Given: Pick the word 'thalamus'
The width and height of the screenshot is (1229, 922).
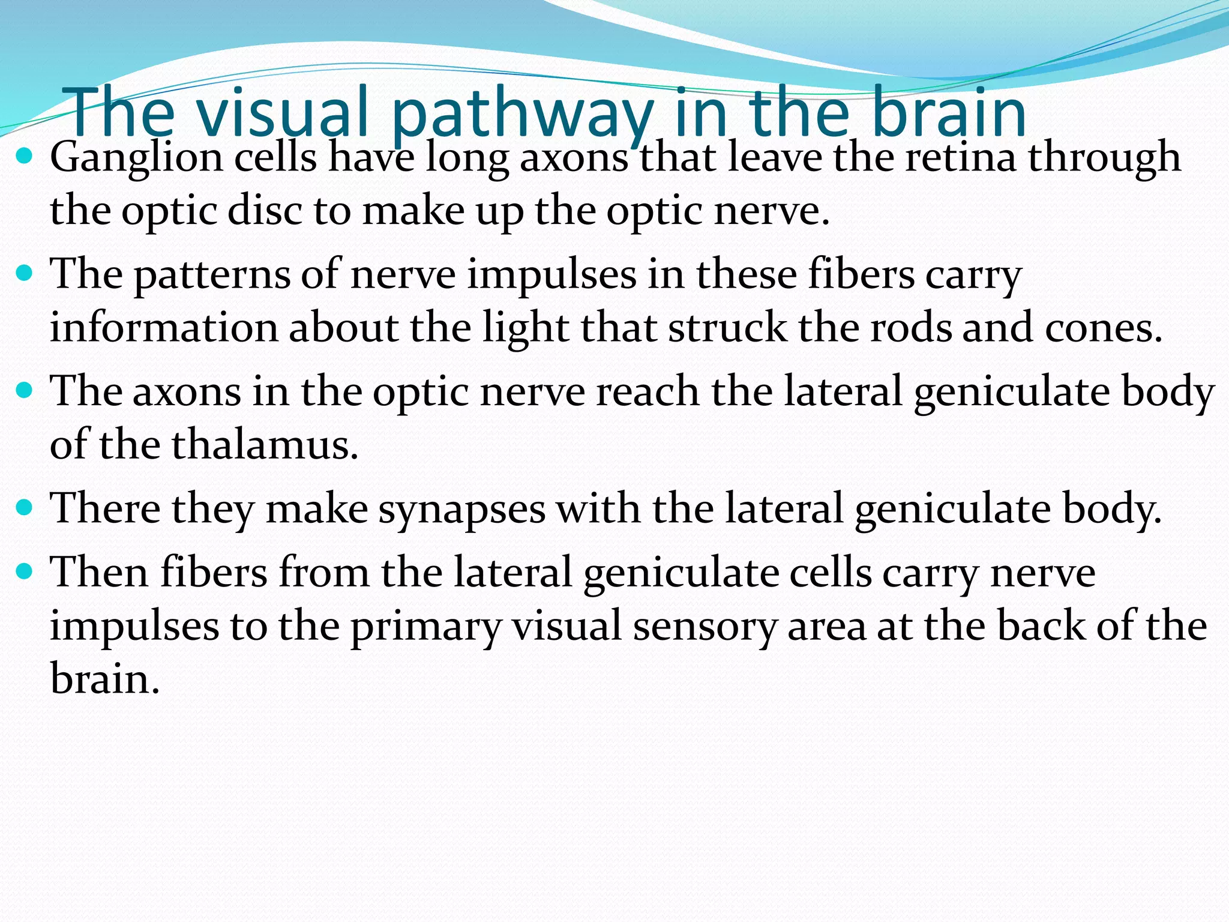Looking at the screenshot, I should point(265,445).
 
